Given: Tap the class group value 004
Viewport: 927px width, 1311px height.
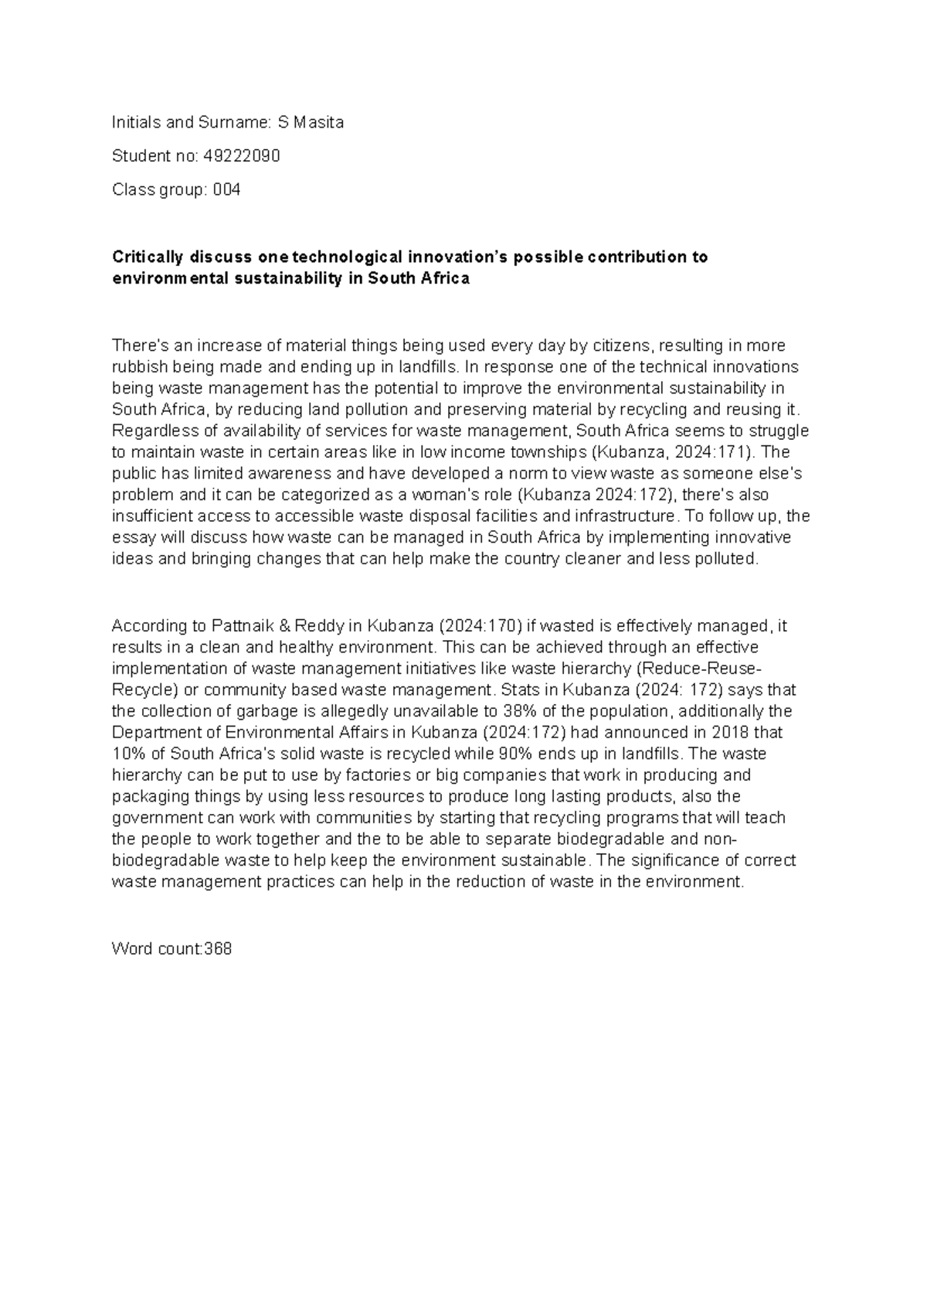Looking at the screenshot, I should point(226,189).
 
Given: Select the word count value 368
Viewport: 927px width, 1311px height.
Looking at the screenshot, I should point(217,948).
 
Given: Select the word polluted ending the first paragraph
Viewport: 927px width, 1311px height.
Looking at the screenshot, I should point(730,559).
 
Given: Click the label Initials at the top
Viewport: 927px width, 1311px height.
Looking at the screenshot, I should point(134,122).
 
